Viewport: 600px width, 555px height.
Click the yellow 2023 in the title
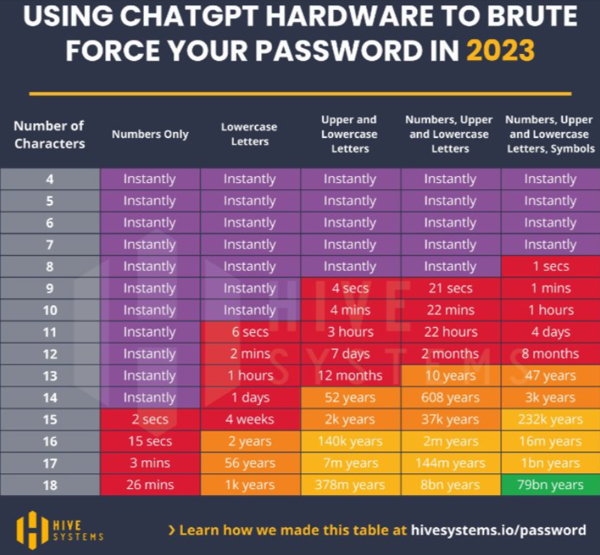(500, 50)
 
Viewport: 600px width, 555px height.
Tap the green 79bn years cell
(550, 484)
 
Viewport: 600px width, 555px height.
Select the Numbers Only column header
(150, 134)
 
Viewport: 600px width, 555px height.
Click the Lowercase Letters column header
(250, 134)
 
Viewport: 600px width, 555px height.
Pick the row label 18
(49, 485)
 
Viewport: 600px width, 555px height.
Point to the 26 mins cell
(150, 484)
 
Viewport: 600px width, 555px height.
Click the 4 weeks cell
(250, 419)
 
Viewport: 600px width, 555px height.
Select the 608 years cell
(451, 397)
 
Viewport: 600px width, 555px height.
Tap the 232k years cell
(550, 419)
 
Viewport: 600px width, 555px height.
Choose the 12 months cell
(350, 376)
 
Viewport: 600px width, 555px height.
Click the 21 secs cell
(451, 288)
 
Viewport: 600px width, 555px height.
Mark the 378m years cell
(350, 484)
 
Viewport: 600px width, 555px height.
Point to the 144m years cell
(451, 463)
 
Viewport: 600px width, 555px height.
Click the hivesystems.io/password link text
(498, 530)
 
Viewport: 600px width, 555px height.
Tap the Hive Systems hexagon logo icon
(32, 530)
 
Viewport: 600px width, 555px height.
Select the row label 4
(49, 179)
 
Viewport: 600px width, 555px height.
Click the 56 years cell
(250, 463)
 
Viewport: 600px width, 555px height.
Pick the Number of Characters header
(49, 134)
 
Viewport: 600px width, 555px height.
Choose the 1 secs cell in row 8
(550, 266)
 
